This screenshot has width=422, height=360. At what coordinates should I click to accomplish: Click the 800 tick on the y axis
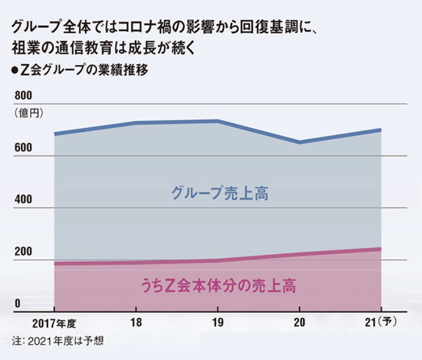(23, 96)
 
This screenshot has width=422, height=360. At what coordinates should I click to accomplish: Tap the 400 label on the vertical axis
(23, 200)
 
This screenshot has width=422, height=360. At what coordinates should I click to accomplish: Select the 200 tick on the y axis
(23, 252)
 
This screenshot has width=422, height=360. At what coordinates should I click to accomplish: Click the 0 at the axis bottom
(17, 304)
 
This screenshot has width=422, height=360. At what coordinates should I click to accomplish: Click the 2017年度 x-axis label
(54, 322)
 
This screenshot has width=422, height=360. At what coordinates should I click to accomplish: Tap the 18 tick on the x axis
(136, 322)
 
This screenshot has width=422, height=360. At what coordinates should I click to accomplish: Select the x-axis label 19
(218, 322)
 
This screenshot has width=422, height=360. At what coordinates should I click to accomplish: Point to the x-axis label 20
(300, 322)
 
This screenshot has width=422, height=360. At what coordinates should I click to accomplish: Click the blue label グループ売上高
(220, 193)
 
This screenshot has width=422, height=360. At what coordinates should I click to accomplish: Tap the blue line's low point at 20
(300, 142)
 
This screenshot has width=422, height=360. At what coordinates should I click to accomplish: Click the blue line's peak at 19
(217, 121)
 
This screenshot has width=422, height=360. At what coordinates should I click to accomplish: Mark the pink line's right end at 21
(381, 249)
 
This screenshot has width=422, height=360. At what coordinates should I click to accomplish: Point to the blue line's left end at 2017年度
(55, 134)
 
